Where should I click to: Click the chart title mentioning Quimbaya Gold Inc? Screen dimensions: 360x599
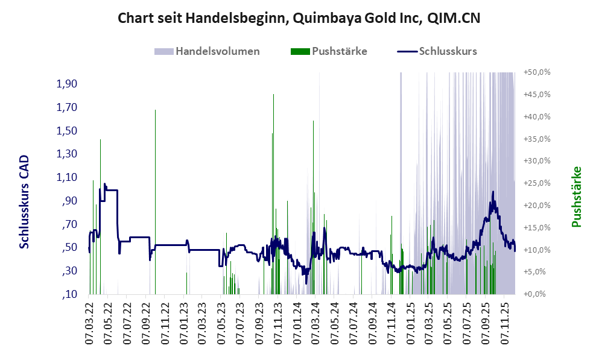[299, 18]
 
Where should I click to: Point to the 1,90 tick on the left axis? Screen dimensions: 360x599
[67, 83]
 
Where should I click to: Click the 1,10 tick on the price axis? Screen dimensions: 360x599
[67, 177]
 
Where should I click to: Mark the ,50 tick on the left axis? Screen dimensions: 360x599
[69, 247]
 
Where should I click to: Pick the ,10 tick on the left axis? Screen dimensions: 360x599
[69, 294]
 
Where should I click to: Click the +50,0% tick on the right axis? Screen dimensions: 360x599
[537, 72]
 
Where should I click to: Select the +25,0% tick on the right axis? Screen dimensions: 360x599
[537, 183]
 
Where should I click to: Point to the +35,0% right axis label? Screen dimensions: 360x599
[537, 139]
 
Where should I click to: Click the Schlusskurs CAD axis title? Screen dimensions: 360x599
[25, 202]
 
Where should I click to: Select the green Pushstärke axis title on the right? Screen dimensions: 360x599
[576, 197]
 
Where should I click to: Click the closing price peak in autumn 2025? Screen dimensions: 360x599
[493, 192]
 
